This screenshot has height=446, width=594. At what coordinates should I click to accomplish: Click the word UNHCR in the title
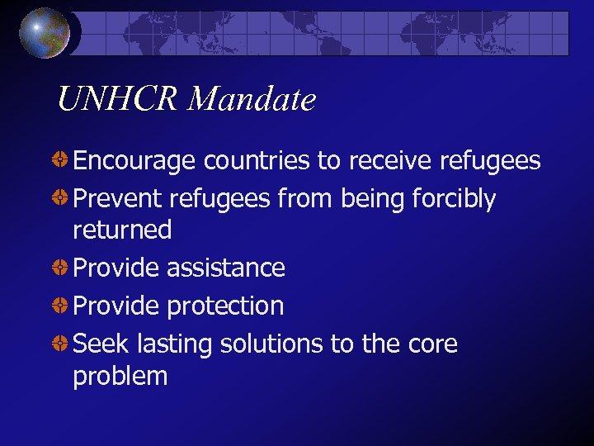(118, 100)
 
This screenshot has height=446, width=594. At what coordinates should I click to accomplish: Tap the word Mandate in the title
(252, 100)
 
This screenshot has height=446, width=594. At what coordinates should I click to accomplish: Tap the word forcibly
(457, 199)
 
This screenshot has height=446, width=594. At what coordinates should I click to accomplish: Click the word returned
(122, 230)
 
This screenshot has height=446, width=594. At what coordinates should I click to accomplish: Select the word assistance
(225, 268)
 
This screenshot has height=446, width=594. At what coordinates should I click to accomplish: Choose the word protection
(224, 306)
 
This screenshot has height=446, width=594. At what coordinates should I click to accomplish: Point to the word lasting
(172, 344)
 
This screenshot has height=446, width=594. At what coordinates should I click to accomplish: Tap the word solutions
(271, 344)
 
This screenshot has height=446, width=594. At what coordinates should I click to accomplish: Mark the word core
(427, 344)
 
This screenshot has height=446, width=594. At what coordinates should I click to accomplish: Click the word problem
(120, 376)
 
